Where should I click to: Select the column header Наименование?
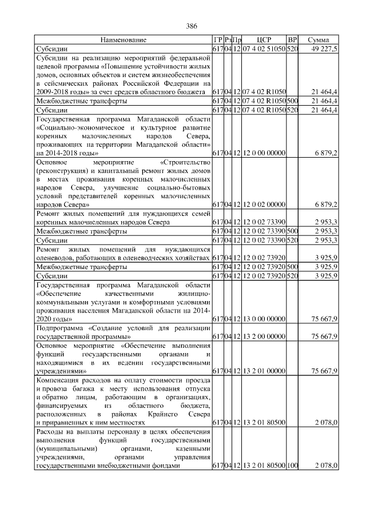point(123,40)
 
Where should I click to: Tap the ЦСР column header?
point(264,40)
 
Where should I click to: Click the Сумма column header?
point(319,40)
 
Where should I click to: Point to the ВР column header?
point(292,40)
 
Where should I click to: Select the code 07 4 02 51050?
point(264,49)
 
